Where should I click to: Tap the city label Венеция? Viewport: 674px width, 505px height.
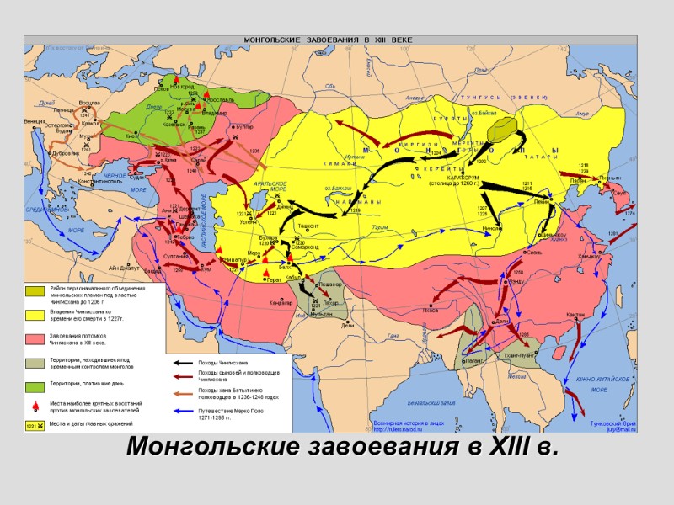(35, 121)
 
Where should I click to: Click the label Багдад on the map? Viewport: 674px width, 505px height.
(152, 271)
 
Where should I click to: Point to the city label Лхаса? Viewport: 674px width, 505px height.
(431, 310)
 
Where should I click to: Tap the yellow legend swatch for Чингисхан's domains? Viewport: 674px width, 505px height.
(35, 316)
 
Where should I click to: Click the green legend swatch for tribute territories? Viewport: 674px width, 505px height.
(35, 386)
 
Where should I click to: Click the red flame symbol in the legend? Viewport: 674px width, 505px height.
(35, 407)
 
